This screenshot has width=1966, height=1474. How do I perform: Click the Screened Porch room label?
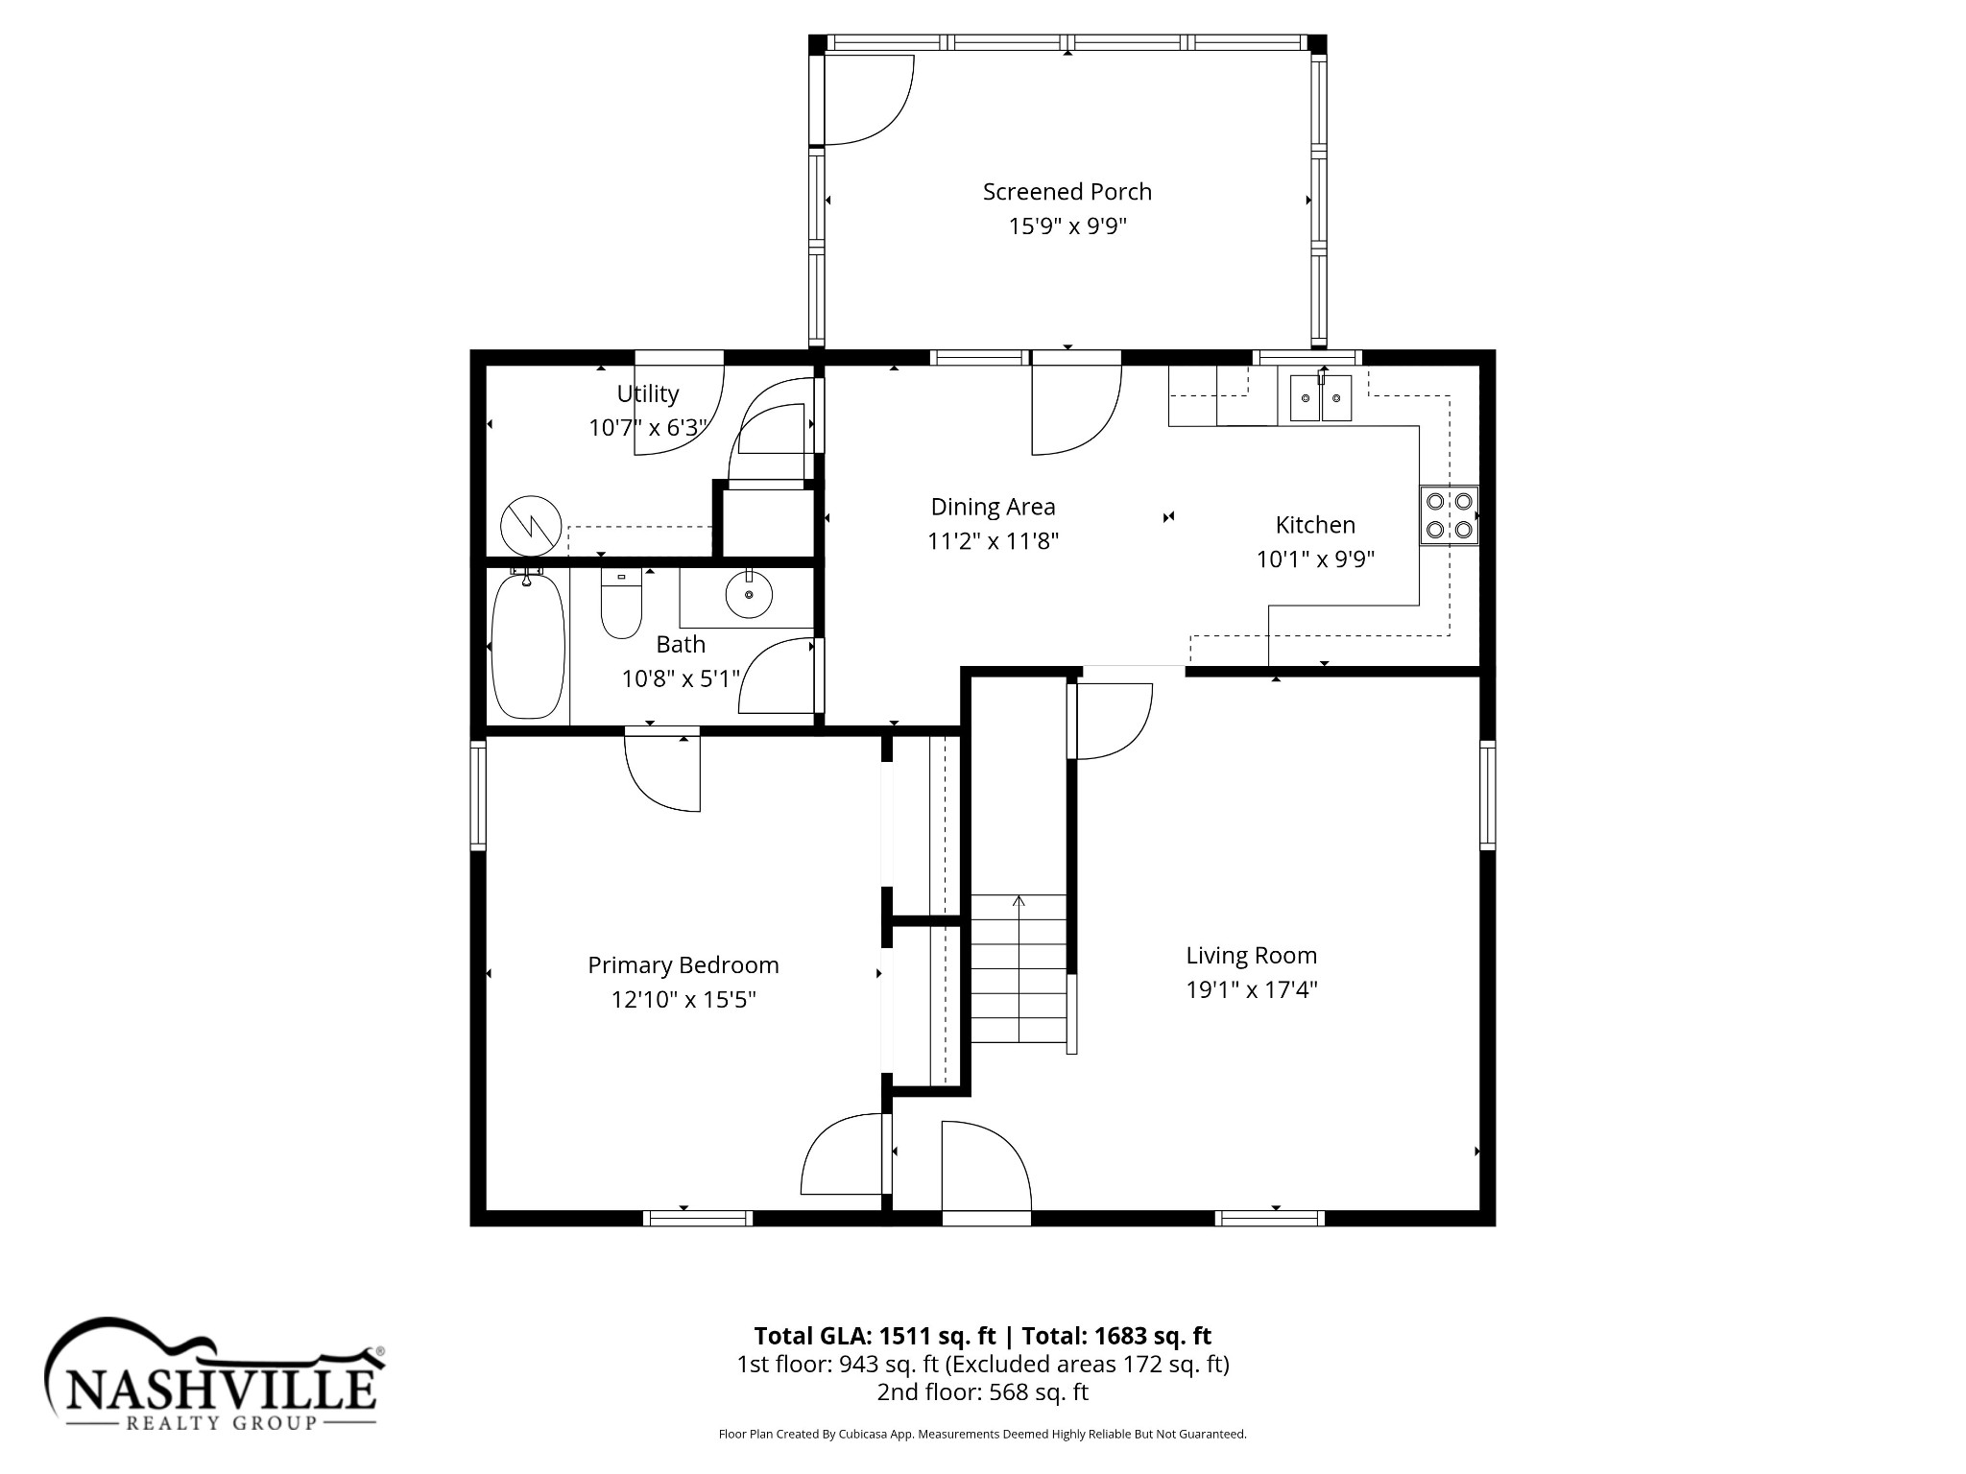(x=1067, y=192)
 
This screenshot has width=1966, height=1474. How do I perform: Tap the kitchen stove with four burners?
(x=1450, y=515)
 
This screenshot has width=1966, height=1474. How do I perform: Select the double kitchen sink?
(x=1321, y=398)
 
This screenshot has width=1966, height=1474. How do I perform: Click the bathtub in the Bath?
(x=527, y=644)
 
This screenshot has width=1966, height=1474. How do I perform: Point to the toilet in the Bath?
(x=621, y=603)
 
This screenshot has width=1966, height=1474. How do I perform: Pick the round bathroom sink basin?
(x=749, y=594)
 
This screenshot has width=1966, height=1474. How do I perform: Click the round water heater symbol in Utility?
(x=531, y=526)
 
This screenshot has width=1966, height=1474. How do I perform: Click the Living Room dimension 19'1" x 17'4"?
(x=1251, y=989)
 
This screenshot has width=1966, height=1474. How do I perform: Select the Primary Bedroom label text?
(x=683, y=965)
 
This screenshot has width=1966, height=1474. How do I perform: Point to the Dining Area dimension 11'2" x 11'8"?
(x=993, y=541)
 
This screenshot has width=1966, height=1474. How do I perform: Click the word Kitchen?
(x=1315, y=525)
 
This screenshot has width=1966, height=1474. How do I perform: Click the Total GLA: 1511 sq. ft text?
(x=875, y=1336)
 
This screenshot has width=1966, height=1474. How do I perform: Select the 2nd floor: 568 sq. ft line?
(x=982, y=1391)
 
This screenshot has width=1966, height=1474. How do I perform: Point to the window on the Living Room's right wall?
(x=1487, y=795)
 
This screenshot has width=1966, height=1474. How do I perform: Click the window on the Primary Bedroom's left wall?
(x=477, y=795)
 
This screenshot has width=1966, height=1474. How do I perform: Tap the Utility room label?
(x=648, y=393)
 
